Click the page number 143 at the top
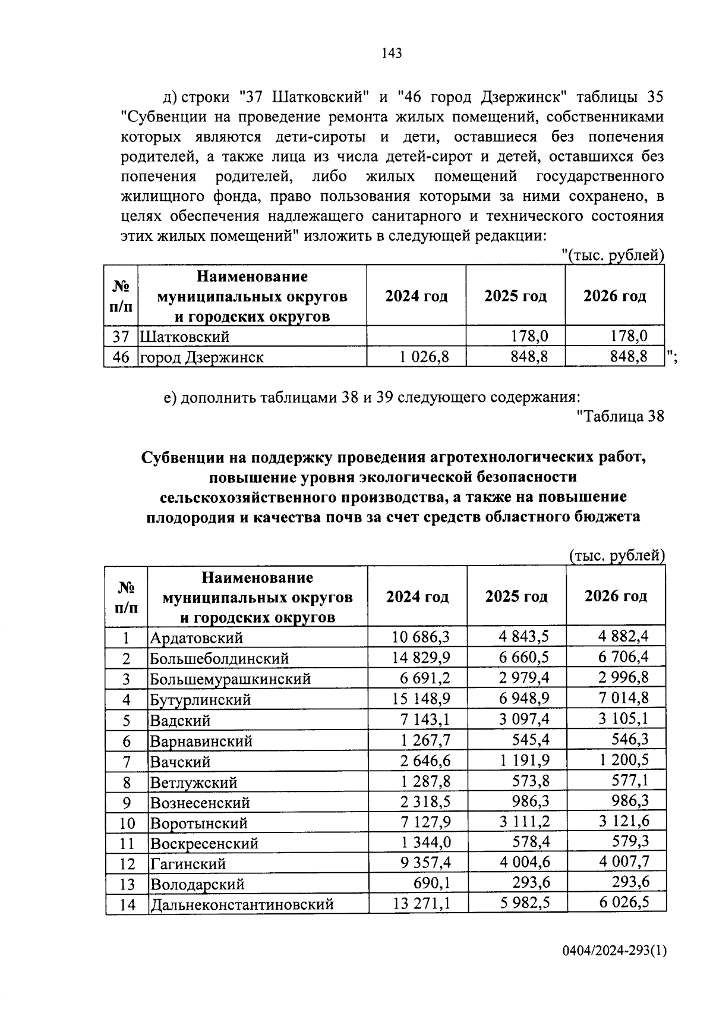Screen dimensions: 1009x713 pyautogui.click(x=392, y=54)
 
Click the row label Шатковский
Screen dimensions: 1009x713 pyautogui.click(x=184, y=337)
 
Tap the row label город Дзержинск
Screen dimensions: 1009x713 pyautogui.click(x=202, y=357)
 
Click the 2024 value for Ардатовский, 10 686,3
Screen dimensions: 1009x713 pyautogui.click(x=421, y=637)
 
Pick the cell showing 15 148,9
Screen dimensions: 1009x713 pyautogui.click(x=421, y=699)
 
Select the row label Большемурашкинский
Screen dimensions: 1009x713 pyautogui.click(x=231, y=679)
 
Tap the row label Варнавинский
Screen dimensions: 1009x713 pyautogui.click(x=201, y=741)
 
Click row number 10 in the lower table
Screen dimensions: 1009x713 pyautogui.click(x=127, y=823)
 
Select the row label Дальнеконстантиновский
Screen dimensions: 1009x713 pyautogui.click(x=241, y=905)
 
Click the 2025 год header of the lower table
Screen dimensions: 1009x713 pyautogui.click(x=516, y=596)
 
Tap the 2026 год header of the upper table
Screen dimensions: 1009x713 pyautogui.click(x=614, y=296)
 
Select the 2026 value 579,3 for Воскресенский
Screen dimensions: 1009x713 pyautogui.click(x=630, y=843)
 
